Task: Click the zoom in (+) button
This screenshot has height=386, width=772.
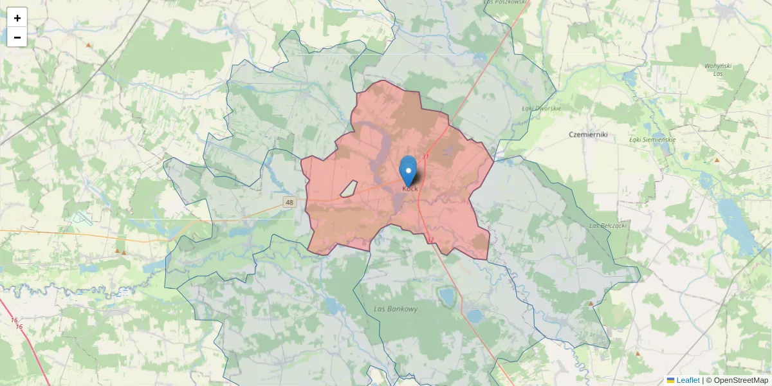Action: [17, 18]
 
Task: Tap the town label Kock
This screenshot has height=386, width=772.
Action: [410, 188]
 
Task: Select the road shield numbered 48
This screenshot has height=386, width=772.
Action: [289, 202]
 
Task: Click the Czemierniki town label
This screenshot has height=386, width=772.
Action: [589, 134]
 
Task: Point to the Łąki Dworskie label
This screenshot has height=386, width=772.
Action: [541, 108]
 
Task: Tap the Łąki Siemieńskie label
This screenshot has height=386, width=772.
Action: [652, 140]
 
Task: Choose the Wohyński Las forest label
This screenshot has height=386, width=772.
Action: [718, 69]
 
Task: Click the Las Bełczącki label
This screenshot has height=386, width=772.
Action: [608, 226]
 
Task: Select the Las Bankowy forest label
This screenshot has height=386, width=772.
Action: [396, 309]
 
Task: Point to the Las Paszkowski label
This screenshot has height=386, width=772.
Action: [505, 3]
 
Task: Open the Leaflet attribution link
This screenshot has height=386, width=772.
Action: [688, 380]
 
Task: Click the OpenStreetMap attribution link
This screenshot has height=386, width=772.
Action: [740, 380]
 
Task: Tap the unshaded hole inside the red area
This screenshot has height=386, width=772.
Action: [348, 189]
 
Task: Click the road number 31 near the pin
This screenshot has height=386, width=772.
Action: [426, 156]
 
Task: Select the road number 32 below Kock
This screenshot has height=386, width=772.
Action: [430, 241]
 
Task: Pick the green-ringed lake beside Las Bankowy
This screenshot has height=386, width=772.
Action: [445, 296]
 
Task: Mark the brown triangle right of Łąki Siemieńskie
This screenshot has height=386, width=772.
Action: [717, 160]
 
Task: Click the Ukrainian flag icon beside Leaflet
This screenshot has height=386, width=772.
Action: [671, 380]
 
